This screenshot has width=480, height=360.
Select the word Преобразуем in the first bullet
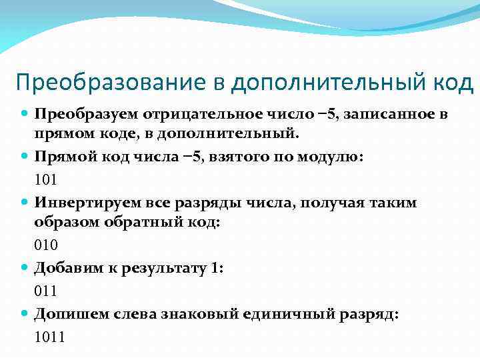79,113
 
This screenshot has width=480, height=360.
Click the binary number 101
45,179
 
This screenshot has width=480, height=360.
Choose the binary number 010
45,245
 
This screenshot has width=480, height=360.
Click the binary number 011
45,290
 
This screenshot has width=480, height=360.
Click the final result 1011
49,337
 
